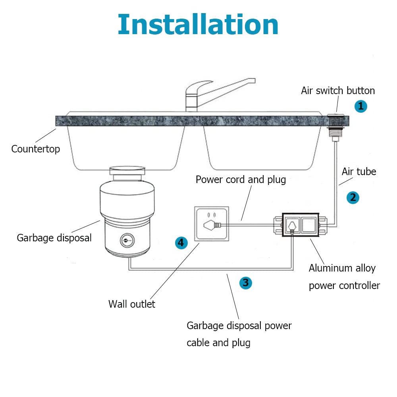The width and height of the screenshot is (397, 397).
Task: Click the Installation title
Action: click(x=198, y=25)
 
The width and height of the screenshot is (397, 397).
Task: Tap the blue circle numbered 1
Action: click(x=360, y=106)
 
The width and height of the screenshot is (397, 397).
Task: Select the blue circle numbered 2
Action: click(x=353, y=197)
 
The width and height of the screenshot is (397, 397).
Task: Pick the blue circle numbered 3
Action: click(x=246, y=283)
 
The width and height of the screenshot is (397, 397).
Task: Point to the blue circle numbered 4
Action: click(x=181, y=242)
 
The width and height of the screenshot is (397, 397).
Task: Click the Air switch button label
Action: click(x=337, y=91)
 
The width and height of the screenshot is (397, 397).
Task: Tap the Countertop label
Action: click(x=35, y=149)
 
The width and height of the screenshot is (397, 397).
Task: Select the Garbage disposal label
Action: click(x=54, y=238)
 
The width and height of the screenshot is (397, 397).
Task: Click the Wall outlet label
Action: click(x=132, y=304)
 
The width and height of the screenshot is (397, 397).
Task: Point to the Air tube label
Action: click(x=359, y=172)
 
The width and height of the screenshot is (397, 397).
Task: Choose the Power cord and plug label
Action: click(x=241, y=179)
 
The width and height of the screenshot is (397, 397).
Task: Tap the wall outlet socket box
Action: click(x=211, y=224)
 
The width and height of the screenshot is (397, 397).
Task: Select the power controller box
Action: click(x=300, y=225)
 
